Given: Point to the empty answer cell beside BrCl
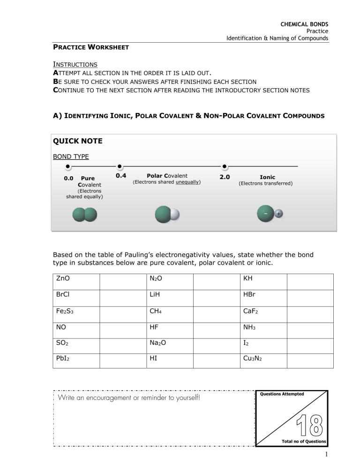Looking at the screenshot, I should pos(122,301).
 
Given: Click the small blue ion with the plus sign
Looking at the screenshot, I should pos(279,214).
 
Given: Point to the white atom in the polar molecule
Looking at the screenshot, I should pos(174,215).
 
